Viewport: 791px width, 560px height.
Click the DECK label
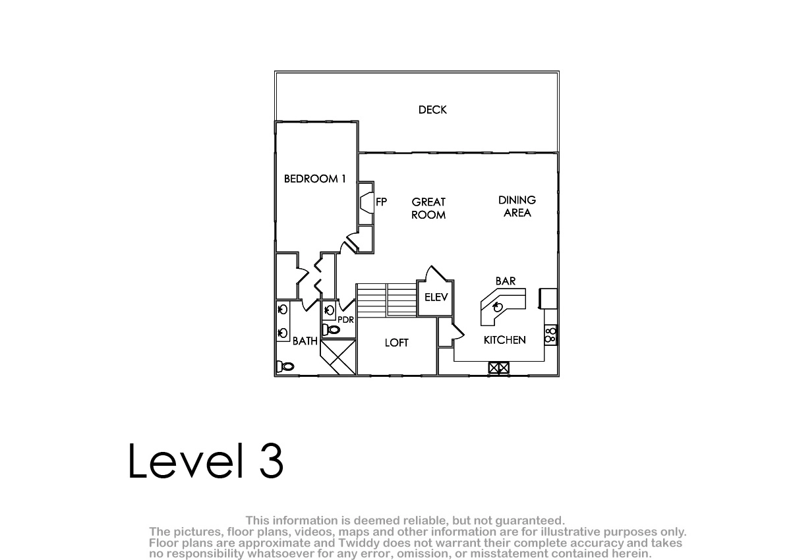click(x=432, y=110)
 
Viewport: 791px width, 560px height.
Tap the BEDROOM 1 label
click(x=314, y=179)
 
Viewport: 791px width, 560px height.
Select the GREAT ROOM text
click(x=428, y=208)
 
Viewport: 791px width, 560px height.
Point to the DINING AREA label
click(x=517, y=206)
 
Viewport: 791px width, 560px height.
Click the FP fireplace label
click(x=382, y=202)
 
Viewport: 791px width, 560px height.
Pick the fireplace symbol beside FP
click(x=366, y=202)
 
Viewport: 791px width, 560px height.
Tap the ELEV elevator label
click(x=436, y=297)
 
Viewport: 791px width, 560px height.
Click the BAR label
click(x=506, y=281)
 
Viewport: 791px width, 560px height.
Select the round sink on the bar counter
click(x=498, y=307)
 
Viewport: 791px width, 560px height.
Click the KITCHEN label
click(x=505, y=340)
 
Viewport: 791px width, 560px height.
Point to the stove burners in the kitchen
click(x=550, y=335)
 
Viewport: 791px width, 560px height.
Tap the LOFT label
click(x=397, y=343)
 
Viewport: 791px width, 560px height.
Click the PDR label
click(x=345, y=320)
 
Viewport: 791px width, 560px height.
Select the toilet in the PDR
click(x=331, y=330)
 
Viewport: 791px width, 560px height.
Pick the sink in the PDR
click(x=330, y=310)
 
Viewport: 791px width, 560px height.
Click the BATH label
click(x=305, y=341)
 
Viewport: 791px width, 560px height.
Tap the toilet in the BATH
click(x=285, y=366)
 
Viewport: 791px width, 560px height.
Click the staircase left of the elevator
click(x=386, y=300)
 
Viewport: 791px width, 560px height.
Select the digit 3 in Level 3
click(x=272, y=461)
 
